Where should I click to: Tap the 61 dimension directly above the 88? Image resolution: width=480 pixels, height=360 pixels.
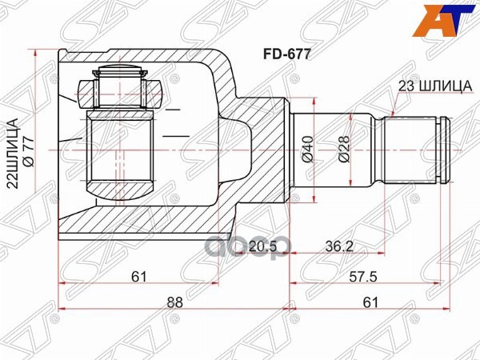pyautogui.click(x=139, y=278)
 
